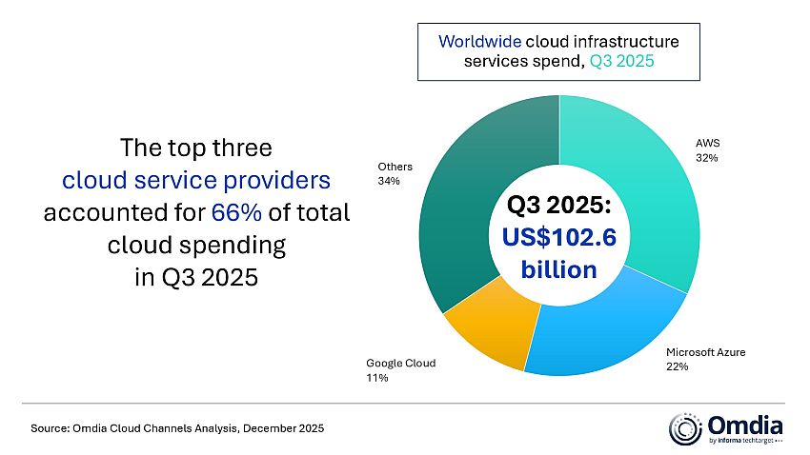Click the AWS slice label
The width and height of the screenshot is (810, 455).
706,146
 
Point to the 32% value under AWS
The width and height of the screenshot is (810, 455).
706,158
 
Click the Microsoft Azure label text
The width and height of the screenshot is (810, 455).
705,352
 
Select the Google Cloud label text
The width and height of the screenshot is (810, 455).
399,364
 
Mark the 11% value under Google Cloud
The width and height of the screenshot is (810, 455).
376,377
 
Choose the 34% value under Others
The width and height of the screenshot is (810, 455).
389,180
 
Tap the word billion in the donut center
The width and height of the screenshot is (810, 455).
559,269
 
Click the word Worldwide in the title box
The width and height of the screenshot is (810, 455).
475,43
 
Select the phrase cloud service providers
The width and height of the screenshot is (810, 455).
196,180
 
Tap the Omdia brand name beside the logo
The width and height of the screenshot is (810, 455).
744,424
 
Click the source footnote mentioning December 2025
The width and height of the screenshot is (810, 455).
177,429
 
